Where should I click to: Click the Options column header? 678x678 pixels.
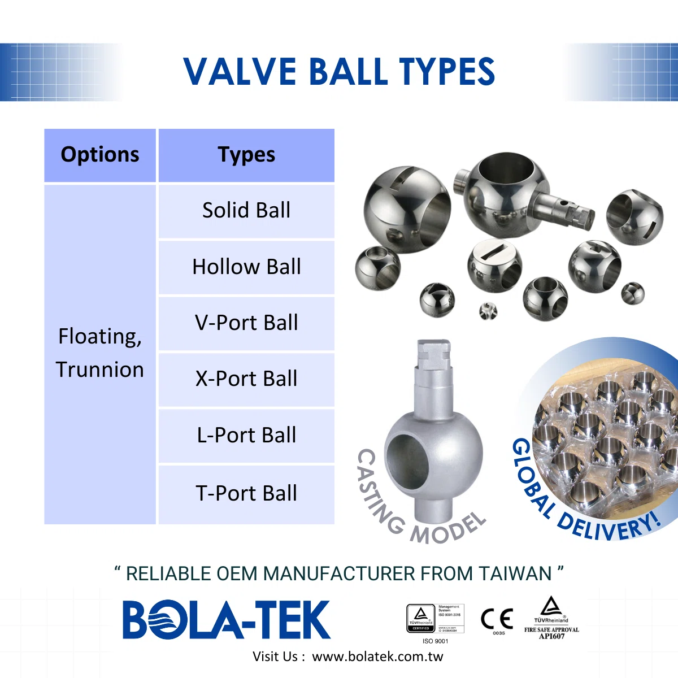(100, 155)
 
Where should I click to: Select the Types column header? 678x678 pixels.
(246, 155)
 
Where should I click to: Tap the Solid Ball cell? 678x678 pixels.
(246, 210)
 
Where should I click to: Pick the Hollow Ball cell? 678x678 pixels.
(246, 267)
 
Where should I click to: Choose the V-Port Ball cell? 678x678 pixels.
(246, 323)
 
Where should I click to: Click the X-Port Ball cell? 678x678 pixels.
(246, 379)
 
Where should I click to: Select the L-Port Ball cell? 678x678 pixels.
(246, 435)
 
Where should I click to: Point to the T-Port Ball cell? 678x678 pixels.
(246, 493)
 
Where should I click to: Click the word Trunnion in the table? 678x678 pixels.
(100, 370)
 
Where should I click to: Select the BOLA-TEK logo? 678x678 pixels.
(226, 620)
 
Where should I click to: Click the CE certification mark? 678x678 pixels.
(497, 619)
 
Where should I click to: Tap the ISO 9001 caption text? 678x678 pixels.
(435, 641)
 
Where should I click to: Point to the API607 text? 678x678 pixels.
(551, 636)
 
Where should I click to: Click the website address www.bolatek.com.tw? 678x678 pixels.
(377, 657)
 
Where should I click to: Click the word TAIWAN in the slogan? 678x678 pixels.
(515, 573)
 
